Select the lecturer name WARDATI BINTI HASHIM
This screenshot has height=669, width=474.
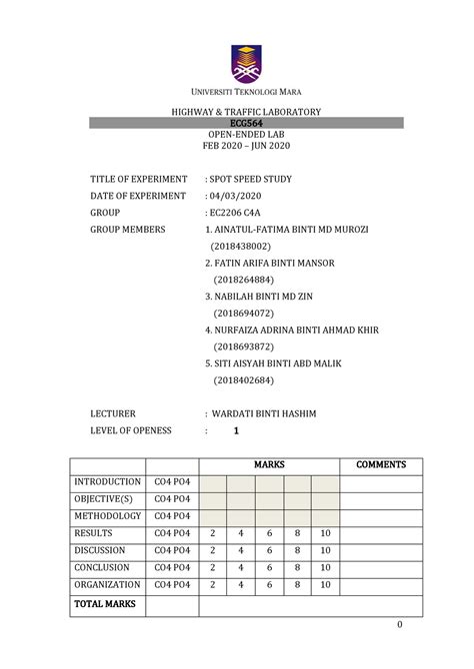coord(267,412)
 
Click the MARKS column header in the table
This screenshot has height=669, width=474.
coord(269,465)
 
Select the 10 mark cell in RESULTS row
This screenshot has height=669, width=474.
coord(325,533)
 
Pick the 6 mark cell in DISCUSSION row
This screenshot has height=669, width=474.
coord(269,550)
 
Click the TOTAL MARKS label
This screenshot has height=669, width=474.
coord(103,604)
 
